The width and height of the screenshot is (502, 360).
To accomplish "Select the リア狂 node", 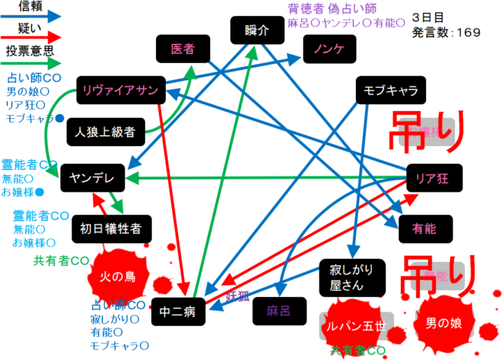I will point(434,178).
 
